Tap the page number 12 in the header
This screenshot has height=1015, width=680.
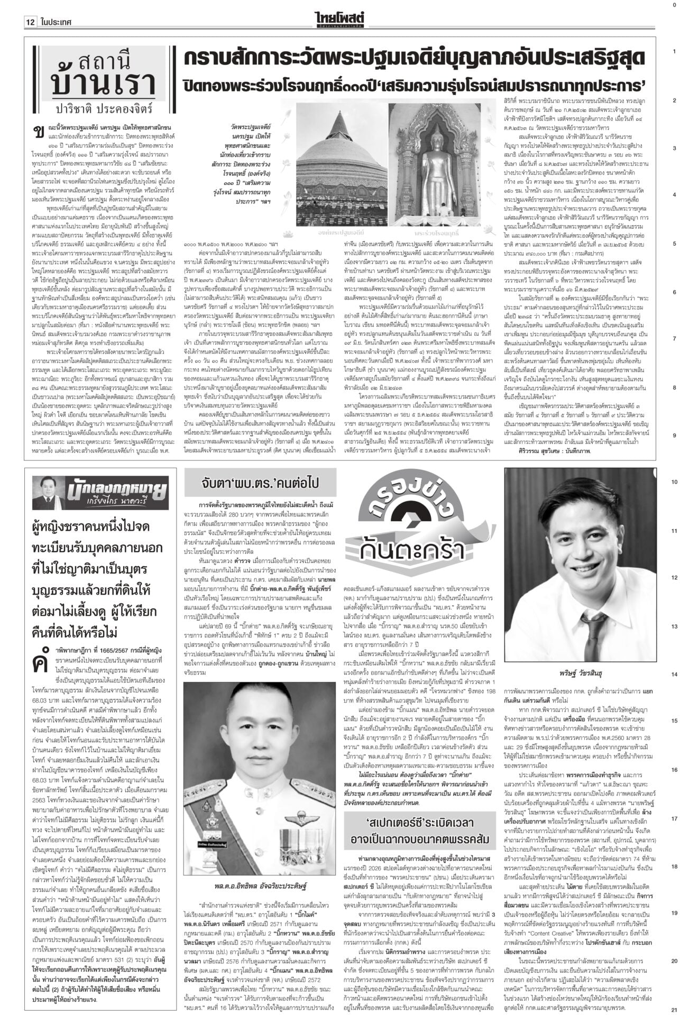tap(29, 23)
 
